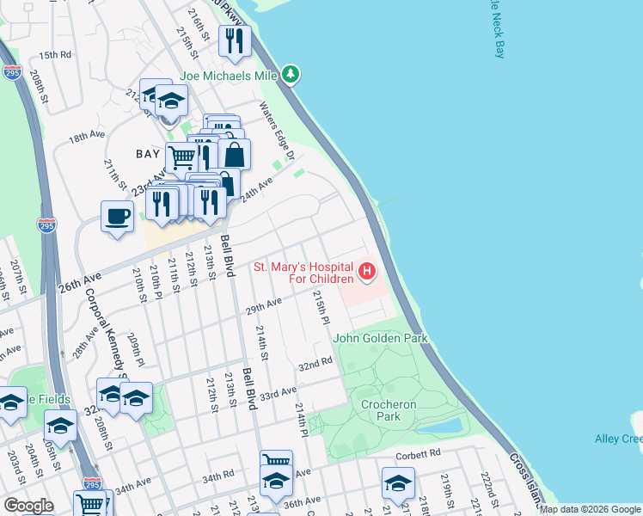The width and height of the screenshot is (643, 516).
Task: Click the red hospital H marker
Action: pos(367,273)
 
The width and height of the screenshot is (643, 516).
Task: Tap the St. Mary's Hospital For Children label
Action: pos(303,273)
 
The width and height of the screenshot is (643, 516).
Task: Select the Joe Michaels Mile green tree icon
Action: pos(291,76)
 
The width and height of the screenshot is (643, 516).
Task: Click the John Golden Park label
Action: pos(380,339)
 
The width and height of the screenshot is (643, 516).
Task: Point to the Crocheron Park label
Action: pos(389,410)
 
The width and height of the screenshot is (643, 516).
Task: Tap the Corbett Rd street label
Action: pos(418,452)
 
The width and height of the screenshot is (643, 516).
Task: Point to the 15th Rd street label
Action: pos(53,55)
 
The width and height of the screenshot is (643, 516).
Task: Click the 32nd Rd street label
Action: pos(315,365)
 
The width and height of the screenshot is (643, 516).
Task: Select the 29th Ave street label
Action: pos(264,305)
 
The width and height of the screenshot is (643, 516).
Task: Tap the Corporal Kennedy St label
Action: pos(106,330)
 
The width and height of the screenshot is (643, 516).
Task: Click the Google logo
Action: pos(28,506)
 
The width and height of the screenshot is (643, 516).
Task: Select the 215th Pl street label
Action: pos(321,308)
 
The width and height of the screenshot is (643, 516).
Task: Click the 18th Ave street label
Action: pos(86,137)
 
